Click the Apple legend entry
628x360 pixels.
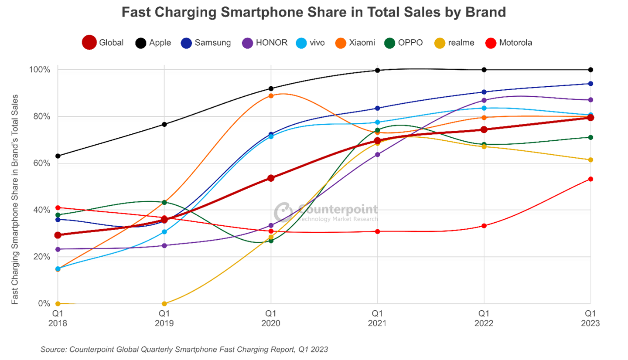(153, 43)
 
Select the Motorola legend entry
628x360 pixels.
(509, 43)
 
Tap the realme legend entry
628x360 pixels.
(454, 43)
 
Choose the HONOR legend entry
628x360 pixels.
(265, 43)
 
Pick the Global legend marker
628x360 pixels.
(89, 43)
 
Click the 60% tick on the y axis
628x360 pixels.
(42, 163)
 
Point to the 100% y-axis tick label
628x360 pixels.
(40, 69)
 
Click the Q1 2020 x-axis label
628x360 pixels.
(271, 318)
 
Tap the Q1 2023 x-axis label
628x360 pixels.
(590, 318)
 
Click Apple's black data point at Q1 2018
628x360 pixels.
(58, 156)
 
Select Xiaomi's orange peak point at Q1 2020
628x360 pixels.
(271, 96)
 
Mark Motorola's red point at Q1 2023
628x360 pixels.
(590, 179)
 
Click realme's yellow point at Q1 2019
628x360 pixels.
(164, 304)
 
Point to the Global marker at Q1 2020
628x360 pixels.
(271, 178)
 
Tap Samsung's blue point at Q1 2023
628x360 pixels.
(590, 84)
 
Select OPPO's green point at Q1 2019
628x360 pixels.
(164, 202)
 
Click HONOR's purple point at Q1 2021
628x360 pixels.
(377, 154)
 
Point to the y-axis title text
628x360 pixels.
(14, 199)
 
